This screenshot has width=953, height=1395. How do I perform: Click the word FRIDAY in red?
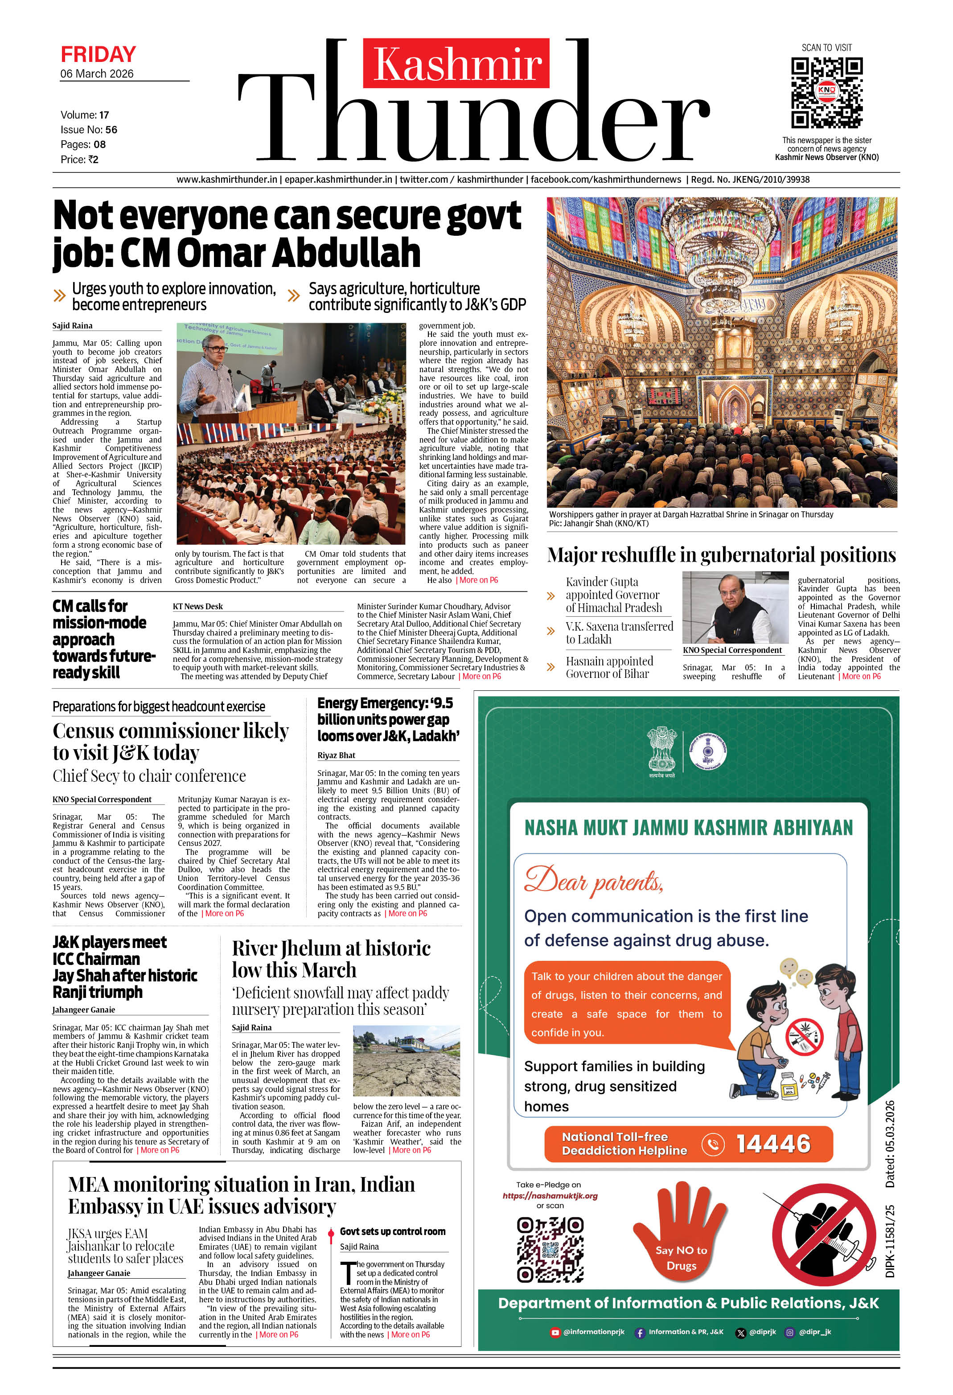[98, 55]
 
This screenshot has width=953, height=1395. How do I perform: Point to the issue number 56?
[111, 130]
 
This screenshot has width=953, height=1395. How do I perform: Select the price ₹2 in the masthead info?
[93, 160]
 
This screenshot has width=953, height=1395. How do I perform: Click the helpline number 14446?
[773, 1144]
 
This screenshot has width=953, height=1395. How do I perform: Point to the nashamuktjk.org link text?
[550, 1196]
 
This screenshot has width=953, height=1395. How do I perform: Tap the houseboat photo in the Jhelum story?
[406, 1061]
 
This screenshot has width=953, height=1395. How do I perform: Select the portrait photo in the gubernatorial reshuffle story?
[735, 607]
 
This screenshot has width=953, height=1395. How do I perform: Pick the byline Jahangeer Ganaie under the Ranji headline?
[83, 1009]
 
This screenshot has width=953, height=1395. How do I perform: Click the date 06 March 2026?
[97, 74]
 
